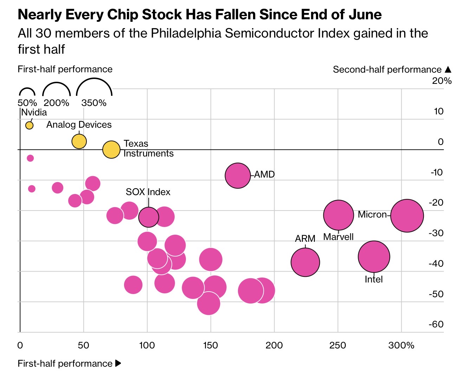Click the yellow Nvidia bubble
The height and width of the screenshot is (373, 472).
(30, 126)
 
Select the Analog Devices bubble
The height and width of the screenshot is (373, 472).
(79, 141)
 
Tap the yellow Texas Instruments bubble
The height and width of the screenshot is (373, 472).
(111, 149)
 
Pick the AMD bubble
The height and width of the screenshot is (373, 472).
(238, 175)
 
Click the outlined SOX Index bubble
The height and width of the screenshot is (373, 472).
(149, 217)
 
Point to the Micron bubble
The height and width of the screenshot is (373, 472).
(407, 215)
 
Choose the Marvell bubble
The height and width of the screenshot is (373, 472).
(339, 215)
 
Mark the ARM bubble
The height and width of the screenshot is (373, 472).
(305, 262)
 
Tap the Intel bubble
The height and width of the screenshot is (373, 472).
(374, 257)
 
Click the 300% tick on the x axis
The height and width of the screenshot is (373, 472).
(401, 345)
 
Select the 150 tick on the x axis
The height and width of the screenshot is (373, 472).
(211, 345)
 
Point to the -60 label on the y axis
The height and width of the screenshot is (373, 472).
(436, 324)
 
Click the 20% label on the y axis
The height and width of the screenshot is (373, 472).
(442, 81)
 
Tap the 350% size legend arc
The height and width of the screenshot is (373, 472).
(94, 78)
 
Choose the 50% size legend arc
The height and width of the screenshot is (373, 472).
(27, 88)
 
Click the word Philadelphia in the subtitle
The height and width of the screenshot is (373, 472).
(186, 33)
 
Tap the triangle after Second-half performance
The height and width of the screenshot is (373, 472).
(448, 69)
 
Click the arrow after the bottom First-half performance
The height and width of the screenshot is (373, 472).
(118, 363)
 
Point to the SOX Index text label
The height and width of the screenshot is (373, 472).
(148, 192)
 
